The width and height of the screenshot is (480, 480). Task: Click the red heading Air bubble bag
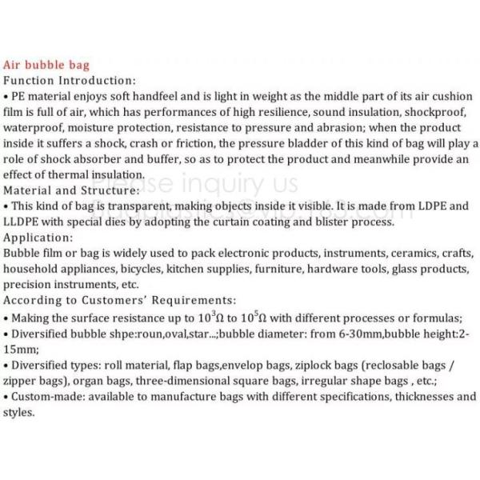(x=46, y=65)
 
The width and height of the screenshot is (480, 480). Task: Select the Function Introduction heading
(x=70, y=81)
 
